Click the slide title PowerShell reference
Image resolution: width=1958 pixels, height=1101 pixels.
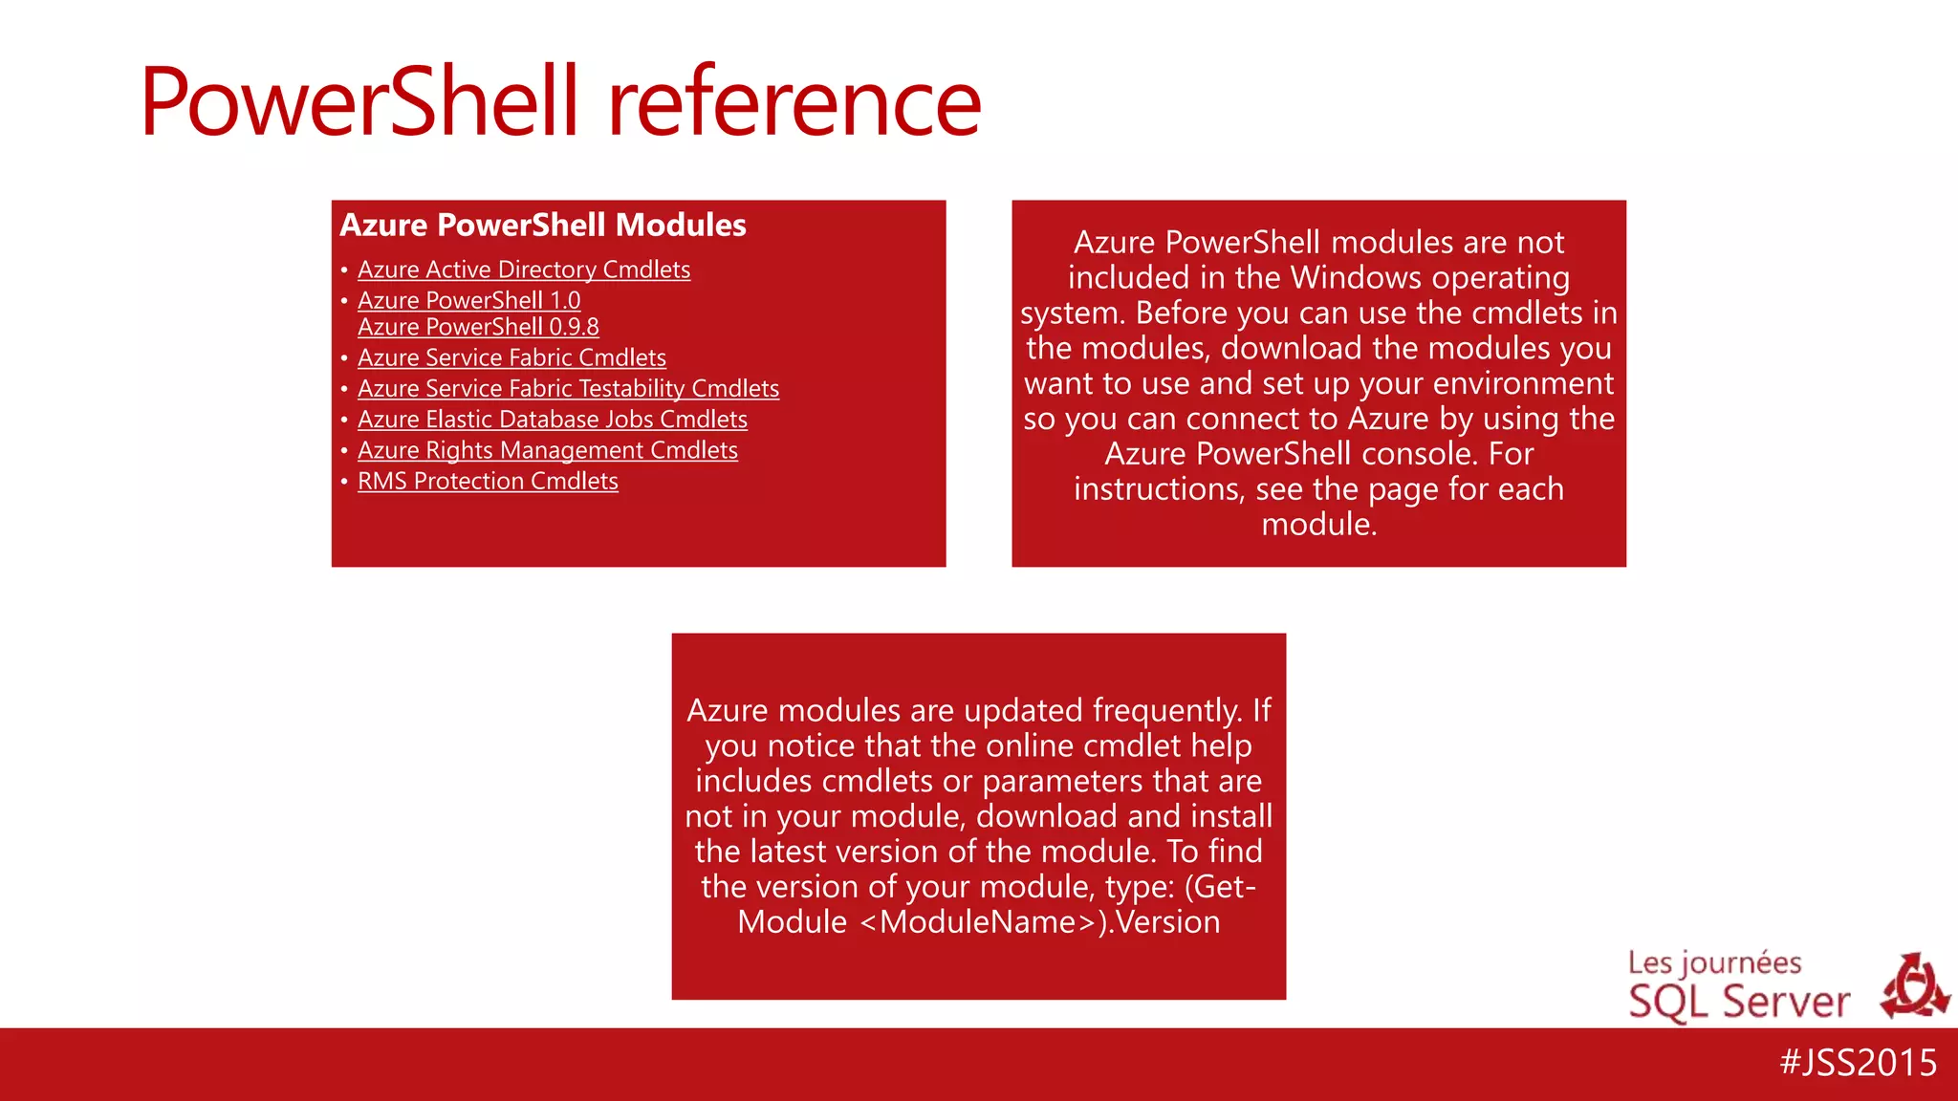[x=560, y=101]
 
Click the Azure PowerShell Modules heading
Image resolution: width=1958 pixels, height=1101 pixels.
[x=543, y=225]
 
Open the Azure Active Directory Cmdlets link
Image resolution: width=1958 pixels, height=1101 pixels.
[x=524, y=270]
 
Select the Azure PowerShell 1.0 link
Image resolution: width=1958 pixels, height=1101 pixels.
[x=469, y=301]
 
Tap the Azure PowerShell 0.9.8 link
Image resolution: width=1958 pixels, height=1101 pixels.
[x=478, y=327]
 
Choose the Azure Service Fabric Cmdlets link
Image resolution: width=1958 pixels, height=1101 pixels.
[x=511, y=358]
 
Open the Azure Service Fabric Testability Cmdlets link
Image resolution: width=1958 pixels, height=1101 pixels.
[x=568, y=389]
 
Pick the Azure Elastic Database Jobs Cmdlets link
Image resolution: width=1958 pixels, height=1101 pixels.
[x=553, y=420]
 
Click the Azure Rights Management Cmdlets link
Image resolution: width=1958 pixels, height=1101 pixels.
[x=548, y=450]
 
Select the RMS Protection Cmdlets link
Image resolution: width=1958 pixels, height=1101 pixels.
[x=488, y=481]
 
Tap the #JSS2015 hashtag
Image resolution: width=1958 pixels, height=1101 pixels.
[x=1858, y=1063]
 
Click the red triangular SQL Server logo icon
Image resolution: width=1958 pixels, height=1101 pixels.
[x=1914, y=986]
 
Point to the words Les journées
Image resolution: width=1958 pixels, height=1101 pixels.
[x=1714, y=962]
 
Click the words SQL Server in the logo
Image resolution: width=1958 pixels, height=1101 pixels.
[x=1739, y=1003]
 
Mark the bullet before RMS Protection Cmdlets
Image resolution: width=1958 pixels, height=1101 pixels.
[x=344, y=482]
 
